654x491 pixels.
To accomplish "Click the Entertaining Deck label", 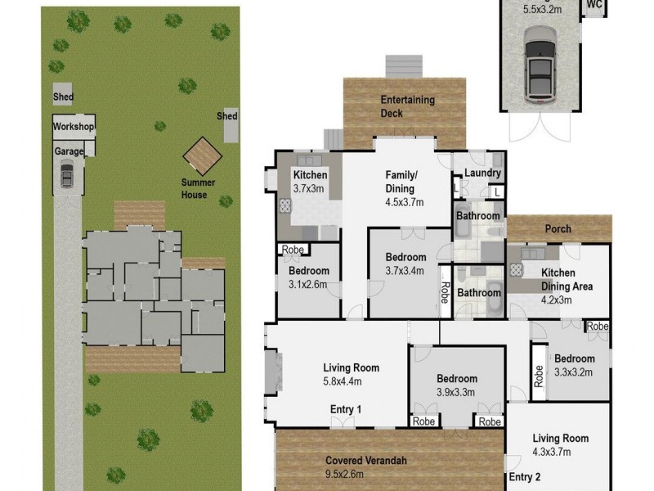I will (407, 106).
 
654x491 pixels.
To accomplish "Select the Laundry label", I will (482, 173).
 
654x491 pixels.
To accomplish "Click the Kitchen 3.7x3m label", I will (310, 182).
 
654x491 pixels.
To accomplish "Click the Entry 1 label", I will (346, 409).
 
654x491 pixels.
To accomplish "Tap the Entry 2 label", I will (525, 476).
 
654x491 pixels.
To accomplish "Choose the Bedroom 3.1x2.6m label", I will (308, 277).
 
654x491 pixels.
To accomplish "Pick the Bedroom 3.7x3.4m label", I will (405, 264).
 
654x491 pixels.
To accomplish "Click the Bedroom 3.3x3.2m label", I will (580, 364).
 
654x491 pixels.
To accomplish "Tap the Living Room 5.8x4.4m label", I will (352, 374).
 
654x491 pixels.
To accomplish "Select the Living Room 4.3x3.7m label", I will (560, 444).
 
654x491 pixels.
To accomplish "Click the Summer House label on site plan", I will (194, 189).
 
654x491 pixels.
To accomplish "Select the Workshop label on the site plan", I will (74, 127).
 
